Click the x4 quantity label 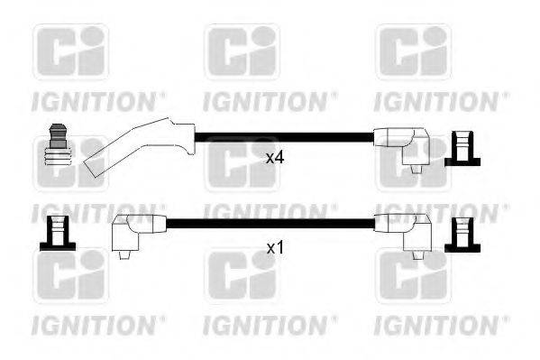(275, 158)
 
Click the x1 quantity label (275, 245)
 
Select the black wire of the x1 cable (270, 222)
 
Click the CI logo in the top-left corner (71, 52)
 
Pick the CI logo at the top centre (242, 52)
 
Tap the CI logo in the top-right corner (413, 52)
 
